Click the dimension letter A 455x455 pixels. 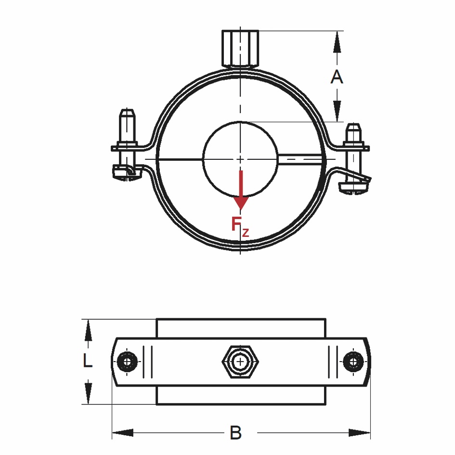tap(337, 77)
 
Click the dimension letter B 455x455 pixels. tap(235, 433)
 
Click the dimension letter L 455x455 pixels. tap(87, 361)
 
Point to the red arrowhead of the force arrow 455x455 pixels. tap(240, 202)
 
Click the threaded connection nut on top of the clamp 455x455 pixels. tap(240, 48)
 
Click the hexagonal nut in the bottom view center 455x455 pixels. tap(240, 361)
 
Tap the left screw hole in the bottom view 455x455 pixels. tap(128, 361)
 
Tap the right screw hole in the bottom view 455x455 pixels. tap(354, 361)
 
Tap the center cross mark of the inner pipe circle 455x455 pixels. tap(240, 158)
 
